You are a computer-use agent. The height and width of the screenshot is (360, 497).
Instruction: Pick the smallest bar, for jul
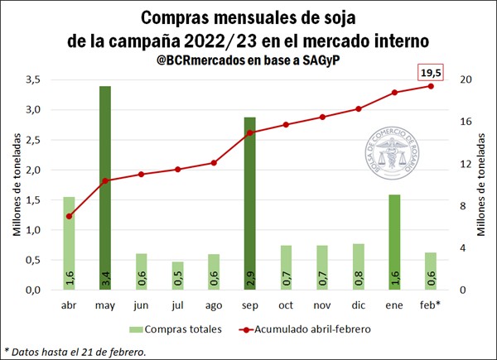177,276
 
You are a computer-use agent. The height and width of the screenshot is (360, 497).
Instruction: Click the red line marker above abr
69,217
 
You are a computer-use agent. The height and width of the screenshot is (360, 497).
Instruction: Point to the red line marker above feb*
431,86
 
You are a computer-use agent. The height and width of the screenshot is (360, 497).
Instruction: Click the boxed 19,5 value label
432,73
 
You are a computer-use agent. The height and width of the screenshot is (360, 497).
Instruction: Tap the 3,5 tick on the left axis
33,79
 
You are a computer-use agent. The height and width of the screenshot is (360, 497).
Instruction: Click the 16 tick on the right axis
466,122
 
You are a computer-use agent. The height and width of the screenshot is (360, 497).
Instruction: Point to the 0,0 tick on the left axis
33,290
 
